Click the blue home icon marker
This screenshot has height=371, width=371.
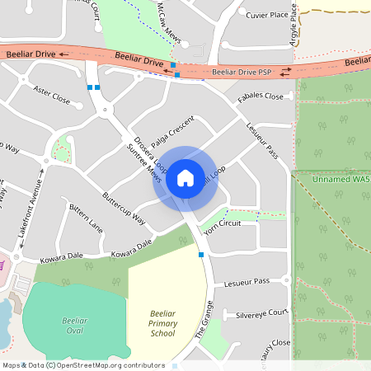185,177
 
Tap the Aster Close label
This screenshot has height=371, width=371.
51,92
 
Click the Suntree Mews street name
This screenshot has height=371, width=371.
144,164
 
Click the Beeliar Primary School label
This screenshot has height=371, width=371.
162,323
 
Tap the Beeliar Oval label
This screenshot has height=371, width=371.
74,325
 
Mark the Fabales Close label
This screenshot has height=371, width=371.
260,96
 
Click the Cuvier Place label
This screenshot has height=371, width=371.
266,15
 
